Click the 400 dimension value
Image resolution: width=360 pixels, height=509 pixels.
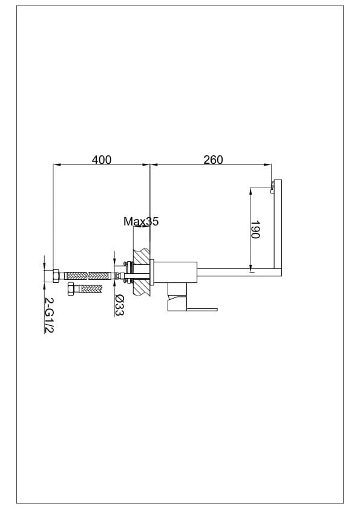pyautogui.click(x=102, y=160)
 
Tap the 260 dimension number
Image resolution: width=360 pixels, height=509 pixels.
pyautogui.click(x=213, y=160)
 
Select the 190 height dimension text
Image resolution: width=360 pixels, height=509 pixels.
pyautogui.click(x=255, y=230)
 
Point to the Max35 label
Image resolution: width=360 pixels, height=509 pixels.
pyautogui.click(x=141, y=221)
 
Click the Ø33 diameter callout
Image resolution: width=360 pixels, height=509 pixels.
pyautogui.click(x=120, y=305)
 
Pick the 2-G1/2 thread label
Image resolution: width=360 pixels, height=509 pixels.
pyautogui.click(x=49, y=315)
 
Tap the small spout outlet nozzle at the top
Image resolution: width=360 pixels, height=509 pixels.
pyautogui.click(x=272, y=187)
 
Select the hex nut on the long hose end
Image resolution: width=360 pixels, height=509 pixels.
pyautogui.click(x=56, y=276)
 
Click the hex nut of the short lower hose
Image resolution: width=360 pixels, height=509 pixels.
pyautogui.click(x=71, y=289)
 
